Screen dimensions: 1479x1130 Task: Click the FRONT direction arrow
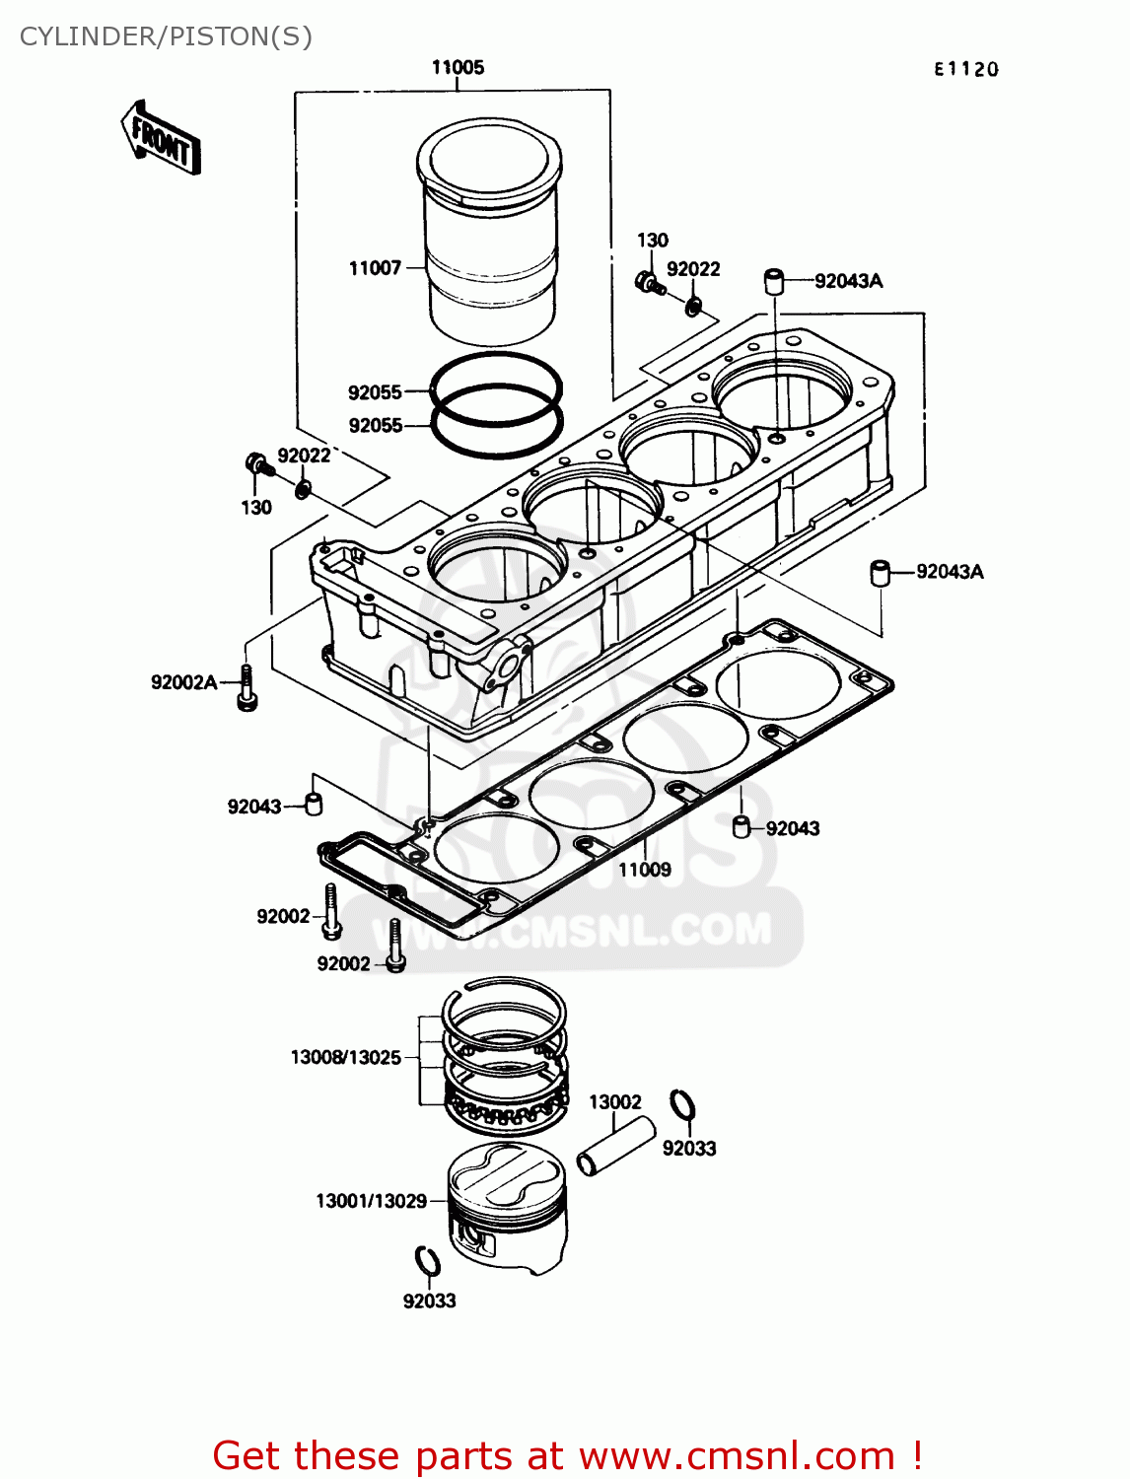tap(161, 139)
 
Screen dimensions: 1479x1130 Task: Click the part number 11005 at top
tap(458, 67)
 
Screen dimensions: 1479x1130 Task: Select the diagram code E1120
tap(965, 69)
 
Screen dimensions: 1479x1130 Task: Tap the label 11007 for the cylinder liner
tap(375, 268)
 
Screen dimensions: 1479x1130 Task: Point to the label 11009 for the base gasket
tap(644, 870)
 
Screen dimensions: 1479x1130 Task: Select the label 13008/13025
tap(345, 1058)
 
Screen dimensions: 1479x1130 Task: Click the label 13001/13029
tap(371, 1201)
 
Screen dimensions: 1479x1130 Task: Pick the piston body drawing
tap(508, 1213)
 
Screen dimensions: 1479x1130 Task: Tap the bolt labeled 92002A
tap(247, 687)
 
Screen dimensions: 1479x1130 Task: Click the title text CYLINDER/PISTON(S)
tap(166, 36)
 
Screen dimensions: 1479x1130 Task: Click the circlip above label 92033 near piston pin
tap(681, 1106)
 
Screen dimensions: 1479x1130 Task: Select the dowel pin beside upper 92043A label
tap(774, 281)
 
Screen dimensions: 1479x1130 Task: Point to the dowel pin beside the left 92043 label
tap(314, 804)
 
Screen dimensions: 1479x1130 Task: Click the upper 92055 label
tap(375, 392)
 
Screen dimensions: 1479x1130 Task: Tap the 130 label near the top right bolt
tap(652, 240)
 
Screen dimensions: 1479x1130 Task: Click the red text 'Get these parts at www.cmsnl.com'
tap(567, 1455)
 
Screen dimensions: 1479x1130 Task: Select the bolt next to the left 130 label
tap(256, 463)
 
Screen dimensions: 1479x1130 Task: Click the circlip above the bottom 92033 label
tap(427, 1261)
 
